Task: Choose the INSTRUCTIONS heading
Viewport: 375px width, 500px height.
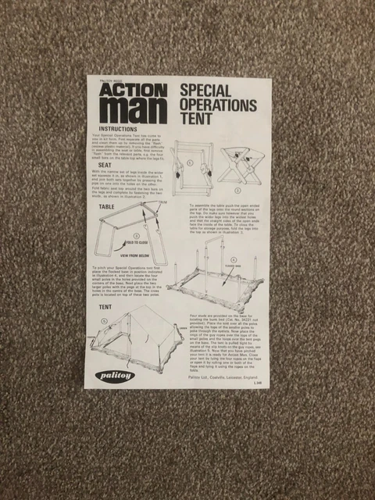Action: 120,128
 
